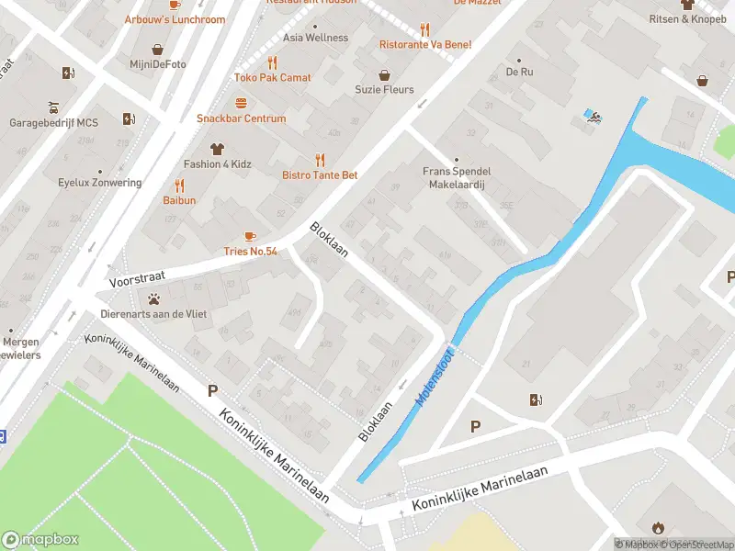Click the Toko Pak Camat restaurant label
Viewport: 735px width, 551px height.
click(x=272, y=78)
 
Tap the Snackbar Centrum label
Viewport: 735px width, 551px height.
click(x=241, y=118)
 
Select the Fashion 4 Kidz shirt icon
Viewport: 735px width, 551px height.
click(x=217, y=147)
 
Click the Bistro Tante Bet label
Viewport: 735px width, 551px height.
click(x=320, y=174)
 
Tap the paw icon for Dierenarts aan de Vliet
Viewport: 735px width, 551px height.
click(x=153, y=298)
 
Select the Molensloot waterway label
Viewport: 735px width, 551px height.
click(x=435, y=375)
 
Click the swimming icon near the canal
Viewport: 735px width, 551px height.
click(x=593, y=116)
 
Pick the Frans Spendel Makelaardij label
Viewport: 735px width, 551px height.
click(x=457, y=177)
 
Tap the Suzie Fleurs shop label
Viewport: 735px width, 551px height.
click(x=384, y=90)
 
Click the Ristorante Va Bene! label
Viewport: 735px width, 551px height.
click(x=425, y=44)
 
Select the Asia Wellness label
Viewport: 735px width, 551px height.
click(x=315, y=38)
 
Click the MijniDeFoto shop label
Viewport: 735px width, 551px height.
click(x=157, y=64)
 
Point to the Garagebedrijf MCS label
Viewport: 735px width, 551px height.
click(x=53, y=122)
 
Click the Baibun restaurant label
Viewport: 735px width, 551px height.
click(x=179, y=200)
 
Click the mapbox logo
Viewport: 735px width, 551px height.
click(x=40, y=540)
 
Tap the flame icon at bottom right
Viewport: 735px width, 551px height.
click(x=657, y=527)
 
